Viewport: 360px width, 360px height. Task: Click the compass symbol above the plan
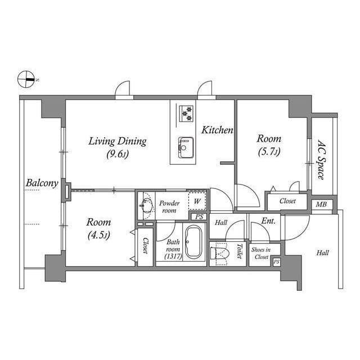26,80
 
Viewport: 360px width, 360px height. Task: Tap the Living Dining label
117,147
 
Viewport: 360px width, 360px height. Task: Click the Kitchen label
217,130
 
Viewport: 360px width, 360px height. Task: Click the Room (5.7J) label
269,145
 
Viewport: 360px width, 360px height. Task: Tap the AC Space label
321,160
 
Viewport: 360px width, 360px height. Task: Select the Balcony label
42,183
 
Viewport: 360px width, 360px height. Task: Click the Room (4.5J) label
98,228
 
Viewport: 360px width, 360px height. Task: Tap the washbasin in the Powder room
146,205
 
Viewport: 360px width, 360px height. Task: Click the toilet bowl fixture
221,255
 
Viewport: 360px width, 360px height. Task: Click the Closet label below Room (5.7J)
286,200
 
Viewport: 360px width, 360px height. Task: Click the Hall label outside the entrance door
322,253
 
